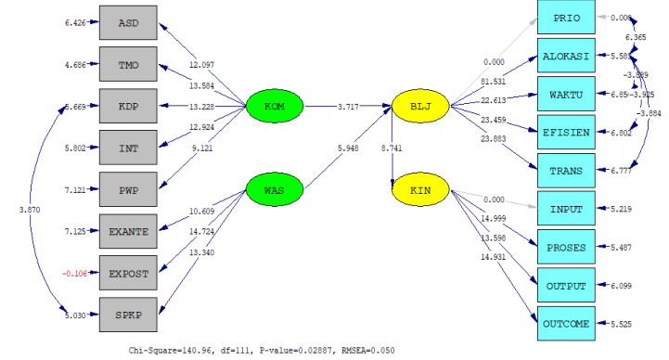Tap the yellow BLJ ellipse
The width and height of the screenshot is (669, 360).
point(420,108)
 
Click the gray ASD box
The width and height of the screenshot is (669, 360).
point(129,22)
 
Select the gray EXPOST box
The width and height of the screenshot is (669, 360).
point(129,273)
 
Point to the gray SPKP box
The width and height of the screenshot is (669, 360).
point(129,315)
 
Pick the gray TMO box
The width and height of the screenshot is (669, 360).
point(129,65)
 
